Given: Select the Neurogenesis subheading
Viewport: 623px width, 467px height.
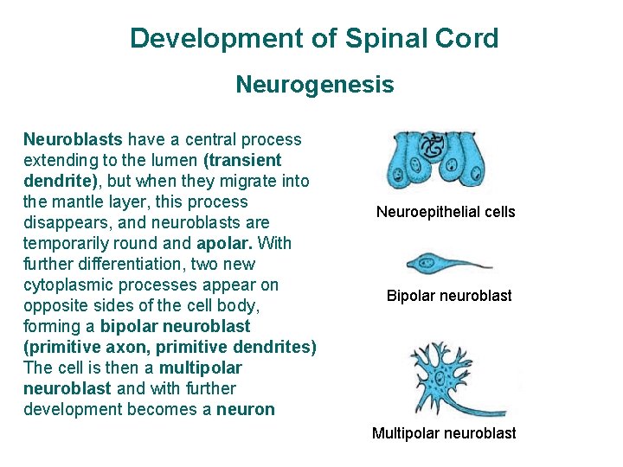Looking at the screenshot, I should click(314, 85).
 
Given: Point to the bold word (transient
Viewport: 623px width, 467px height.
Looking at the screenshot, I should click(243, 160).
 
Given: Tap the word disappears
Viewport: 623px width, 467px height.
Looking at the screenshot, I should click(62, 222).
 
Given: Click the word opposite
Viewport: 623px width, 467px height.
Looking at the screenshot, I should click(54, 305).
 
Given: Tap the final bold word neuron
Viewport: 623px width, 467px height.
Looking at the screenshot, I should click(246, 409).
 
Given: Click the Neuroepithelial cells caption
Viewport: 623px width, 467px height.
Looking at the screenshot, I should click(446, 212).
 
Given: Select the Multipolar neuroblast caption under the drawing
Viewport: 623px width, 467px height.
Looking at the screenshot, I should click(444, 433).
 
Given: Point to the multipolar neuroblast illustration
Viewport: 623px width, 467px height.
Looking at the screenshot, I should click(450, 376).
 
